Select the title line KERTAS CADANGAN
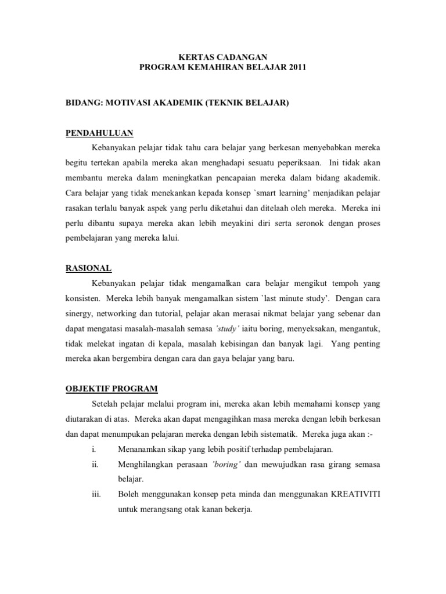tap(222, 57)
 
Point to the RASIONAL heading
tap(88, 268)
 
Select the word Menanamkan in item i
tap(143, 450)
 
